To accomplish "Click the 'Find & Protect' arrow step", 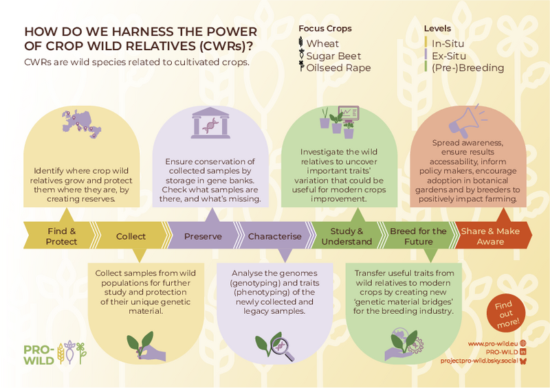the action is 60,236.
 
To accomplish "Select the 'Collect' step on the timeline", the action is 131,236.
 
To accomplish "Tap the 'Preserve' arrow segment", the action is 203,236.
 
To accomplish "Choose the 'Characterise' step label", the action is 274,236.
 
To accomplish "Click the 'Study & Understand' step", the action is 346,236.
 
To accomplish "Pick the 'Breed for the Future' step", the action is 418,236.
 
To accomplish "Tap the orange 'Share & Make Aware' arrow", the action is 492,236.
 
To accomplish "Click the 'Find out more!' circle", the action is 506,313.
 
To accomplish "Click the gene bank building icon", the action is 210,123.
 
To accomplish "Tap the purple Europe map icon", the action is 81,124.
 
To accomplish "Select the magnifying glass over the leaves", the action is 283,349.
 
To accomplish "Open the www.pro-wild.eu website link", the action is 493,343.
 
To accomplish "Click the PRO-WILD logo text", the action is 39,355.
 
